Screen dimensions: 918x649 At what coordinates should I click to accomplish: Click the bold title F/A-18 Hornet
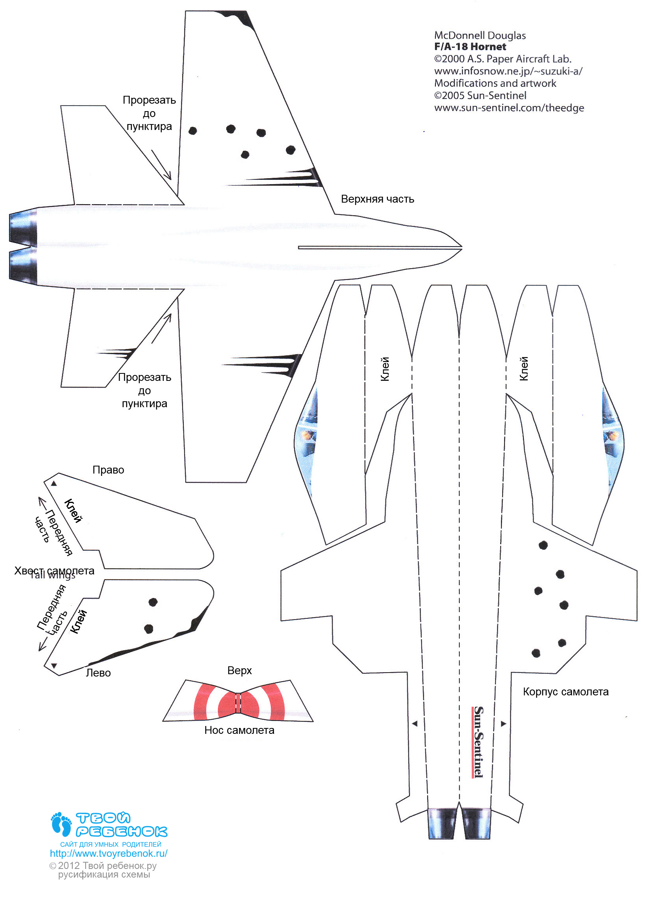pyautogui.click(x=470, y=47)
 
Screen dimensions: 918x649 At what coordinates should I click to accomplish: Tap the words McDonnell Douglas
pyautogui.click(x=479, y=36)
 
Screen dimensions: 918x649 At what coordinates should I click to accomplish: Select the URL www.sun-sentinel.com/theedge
pyautogui.click(x=509, y=108)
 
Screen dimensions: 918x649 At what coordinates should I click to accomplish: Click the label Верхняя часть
pyautogui.click(x=377, y=199)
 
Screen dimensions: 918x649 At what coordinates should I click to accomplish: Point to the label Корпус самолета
pyautogui.click(x=565, y=692)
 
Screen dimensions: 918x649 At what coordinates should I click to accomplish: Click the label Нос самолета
pyautogui.click(x=239, y=730)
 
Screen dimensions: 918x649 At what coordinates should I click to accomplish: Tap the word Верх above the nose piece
pyautogui.click(x=239, y=671)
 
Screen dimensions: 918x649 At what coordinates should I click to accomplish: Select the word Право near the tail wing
pyautogui.click(x=108, y=470)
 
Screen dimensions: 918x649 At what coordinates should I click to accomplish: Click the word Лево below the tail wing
pyautogui.click(x=98, y=673)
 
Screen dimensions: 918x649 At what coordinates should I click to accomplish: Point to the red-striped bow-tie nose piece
pyautogui.click(x=238, y=701)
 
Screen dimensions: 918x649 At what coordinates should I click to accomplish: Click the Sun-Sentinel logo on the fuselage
pyautogui.click(x=478, y=742)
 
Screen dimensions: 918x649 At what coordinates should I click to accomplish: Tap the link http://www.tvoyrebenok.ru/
pyautogui.click(x=108, y=853)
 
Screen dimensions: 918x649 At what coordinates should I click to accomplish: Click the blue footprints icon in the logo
pyautogui.click(x=61, y=824)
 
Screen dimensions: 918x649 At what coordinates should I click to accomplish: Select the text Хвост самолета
pyautogui.click(x=55, y=571)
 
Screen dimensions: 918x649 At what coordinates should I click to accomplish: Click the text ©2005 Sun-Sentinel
pyautogui.click(x=480, y=95)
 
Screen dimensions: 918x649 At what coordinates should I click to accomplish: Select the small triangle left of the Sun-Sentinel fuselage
pyautogui.click(x=415, y=723)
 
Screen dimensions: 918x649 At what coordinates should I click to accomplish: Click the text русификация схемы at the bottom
pyautogui.click(x=104, y=874)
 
